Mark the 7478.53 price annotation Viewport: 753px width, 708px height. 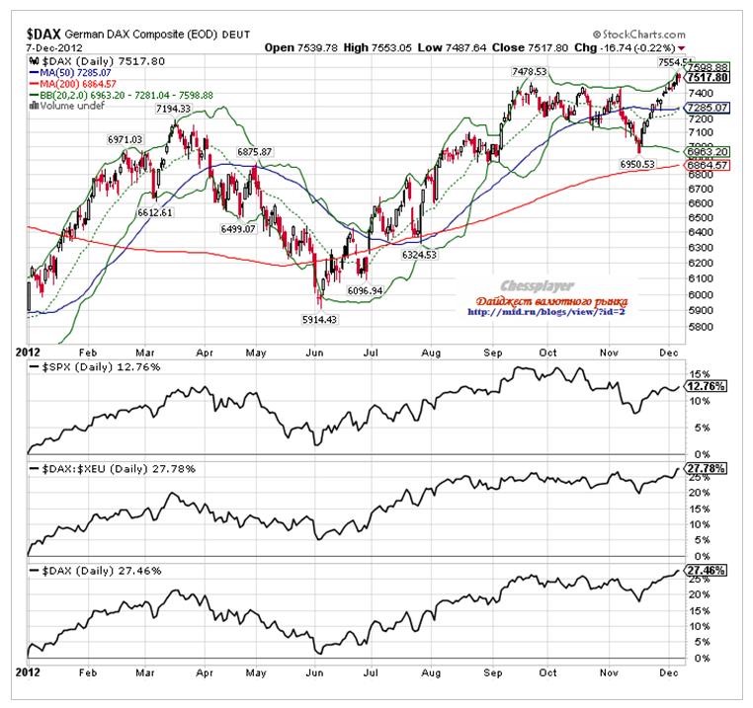531,71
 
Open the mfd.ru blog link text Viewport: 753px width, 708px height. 546,313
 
